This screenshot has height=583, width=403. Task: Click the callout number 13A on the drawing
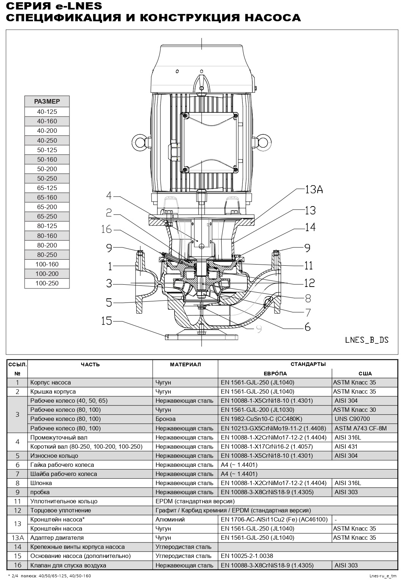pos(314,190)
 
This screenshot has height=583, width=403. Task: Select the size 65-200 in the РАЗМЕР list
pos(47,207)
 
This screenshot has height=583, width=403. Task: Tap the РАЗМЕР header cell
pos(47,101)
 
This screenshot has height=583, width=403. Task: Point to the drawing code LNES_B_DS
pos(367,340)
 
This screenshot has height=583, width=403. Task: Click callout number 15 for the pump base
pos(107,321)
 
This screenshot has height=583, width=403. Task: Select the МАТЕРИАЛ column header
pos(185,364)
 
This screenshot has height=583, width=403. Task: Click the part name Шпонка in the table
pos(41,483)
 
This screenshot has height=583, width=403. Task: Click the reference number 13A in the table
pos(17,538)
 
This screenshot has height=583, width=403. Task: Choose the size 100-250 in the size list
pos(47,283)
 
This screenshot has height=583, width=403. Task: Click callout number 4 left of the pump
pos(109,196)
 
